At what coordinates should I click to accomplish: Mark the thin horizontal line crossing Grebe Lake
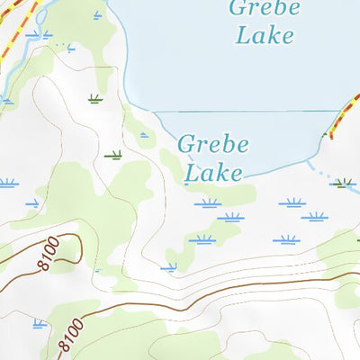coord(234,112)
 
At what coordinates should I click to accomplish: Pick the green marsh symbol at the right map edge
coord(342,184)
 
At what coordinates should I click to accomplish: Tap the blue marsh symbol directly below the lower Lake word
coord(207,203)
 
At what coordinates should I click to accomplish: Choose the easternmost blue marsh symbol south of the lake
coord(313,217)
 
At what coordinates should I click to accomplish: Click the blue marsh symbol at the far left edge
coord(7,184)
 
